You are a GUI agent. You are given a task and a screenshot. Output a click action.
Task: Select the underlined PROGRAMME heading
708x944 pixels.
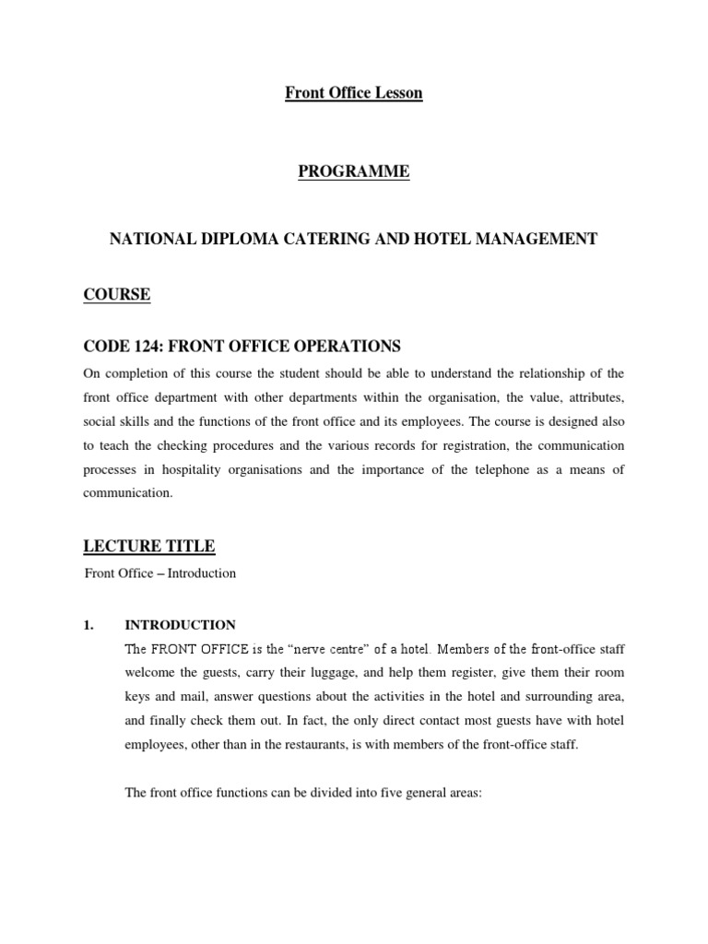[x=354, y=172]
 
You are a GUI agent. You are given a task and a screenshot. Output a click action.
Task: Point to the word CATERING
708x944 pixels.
[x=319, y=239]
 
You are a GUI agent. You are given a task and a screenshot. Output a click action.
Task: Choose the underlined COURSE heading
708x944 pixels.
[x=117, y=295]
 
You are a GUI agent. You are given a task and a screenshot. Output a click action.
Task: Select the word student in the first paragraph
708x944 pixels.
[x=315, y=373]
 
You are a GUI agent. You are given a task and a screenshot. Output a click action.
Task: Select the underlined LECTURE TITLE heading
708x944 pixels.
[x=149, y=547]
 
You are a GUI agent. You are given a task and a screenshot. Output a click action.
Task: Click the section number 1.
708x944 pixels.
[x=89, y=624]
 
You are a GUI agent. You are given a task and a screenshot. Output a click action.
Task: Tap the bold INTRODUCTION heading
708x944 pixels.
[x=180, y=624]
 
